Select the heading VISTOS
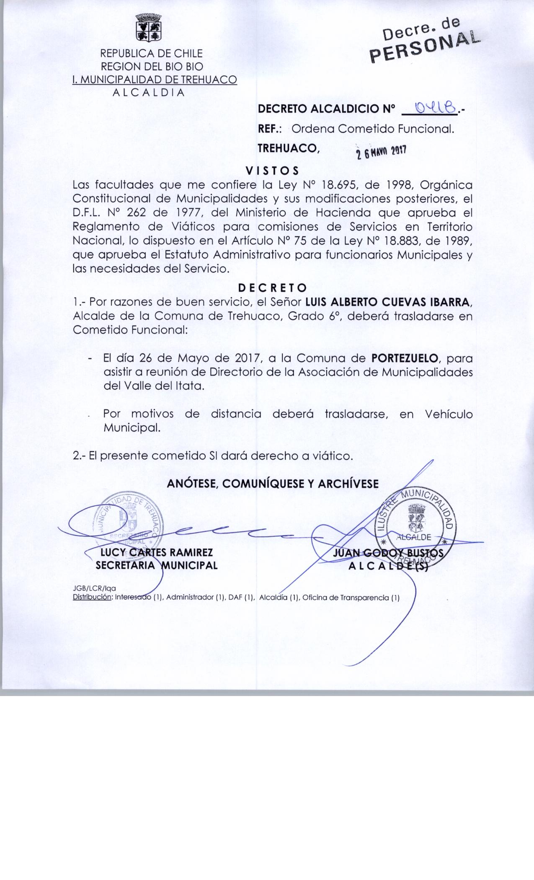coord(272,171)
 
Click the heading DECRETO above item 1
coord(272,288)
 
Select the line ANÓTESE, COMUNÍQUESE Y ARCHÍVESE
coord(273,484)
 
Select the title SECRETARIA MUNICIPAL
coord(157,565)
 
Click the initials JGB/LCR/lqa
coord(95,589)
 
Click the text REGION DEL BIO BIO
coord(152,66)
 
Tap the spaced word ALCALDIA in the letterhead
coord(149,93)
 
